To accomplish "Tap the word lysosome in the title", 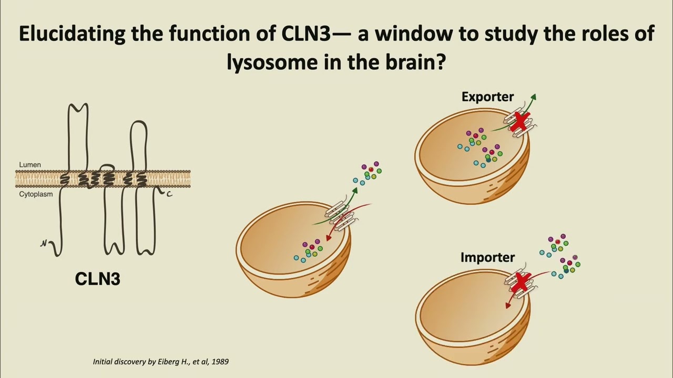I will (x=270, y=63).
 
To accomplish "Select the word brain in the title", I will (x=411, y=63).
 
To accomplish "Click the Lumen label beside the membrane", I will (x=29, y=165).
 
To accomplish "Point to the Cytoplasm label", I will (x=36, y=194).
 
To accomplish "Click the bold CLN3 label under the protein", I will (x=98, y=279).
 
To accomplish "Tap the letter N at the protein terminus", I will (x=44, y=244).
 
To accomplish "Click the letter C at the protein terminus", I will (x=169, y=195).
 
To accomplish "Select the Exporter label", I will (x=487, y=97).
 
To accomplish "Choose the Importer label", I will (x=487, y=257).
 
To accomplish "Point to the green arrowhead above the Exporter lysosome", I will (x=534, y=97).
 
